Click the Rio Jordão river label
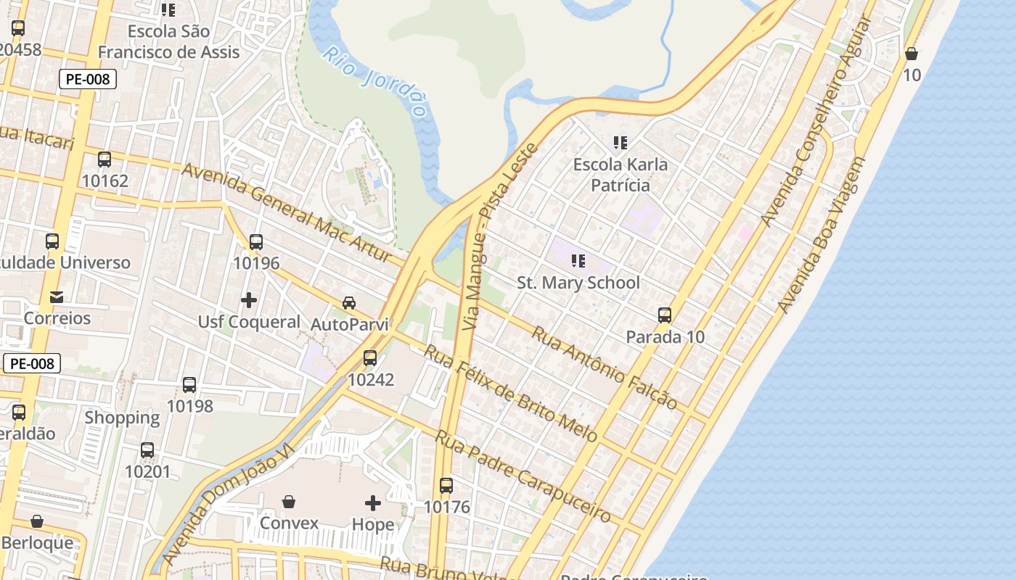tap(374, 81)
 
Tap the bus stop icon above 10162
tap(105, 159)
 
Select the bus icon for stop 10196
tap(255, 242)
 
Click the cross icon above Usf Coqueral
tap(249, 299)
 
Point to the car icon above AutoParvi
tap(349, 302)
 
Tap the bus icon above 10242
tap(370, 357)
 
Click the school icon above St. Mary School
tap(578, 260)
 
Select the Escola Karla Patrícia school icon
tap(620, 142)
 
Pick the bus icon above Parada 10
tap(665, 315)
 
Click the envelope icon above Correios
tap(57, 297)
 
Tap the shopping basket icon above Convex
tap(289, 501)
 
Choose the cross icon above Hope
tap(373, 502)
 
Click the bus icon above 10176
tap(446, 485)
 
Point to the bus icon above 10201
tap(147, 450)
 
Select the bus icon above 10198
tap(189, 384)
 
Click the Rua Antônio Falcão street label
tap(605, 368)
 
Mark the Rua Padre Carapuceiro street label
tap(523, 476)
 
